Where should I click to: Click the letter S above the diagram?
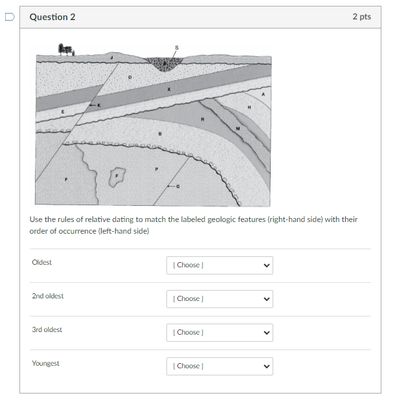pyautogui.click(x=175, y=47)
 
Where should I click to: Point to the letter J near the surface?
pyautogui.click(x=111, y=58)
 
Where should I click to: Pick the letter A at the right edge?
pyautogui.click(x=262, y=94)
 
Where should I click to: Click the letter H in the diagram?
pyautogui.click(x=248, y=106)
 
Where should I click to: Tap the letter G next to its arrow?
pyautogui.click(x=179, y=186)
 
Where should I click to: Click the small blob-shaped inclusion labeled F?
pyautogui.click(x=117, y=175)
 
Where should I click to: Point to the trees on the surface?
pyautogui.click(x=66, y=50)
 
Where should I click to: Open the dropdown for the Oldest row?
pyautogui.click(x=220, y=265)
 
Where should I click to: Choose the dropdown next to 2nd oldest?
pyautogui.click(x=220, y=298)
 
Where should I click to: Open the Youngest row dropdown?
pyautogui.click(x=220, y=366)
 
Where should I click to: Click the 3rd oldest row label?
pyautogui.click(x=47, y=329)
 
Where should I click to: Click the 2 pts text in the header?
pyautogui.click(x=361, y=17)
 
